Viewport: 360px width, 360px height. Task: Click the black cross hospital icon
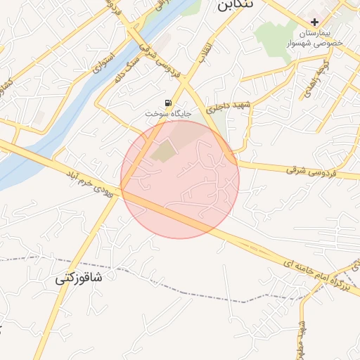(x=314, y=22)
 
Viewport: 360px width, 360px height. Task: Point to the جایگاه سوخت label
(x=168, y=113)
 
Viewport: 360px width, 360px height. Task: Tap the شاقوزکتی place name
(x=79, y=278)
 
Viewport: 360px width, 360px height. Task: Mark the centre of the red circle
(x=180, y=179)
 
